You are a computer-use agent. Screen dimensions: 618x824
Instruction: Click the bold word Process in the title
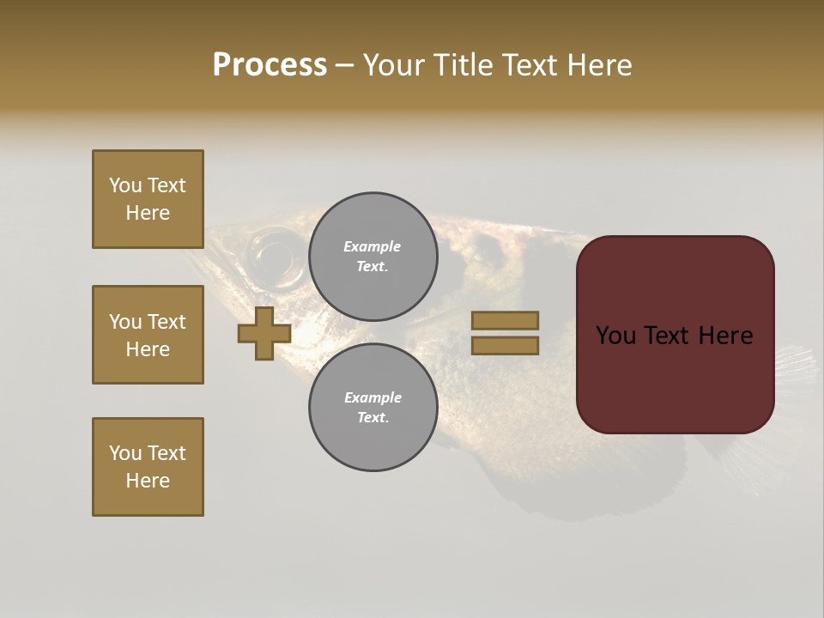(270, 65)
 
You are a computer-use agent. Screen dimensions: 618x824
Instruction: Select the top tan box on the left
(148, 199)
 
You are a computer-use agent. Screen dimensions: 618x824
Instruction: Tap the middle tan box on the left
(148, 335)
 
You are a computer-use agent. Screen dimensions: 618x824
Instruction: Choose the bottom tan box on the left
(148, 467)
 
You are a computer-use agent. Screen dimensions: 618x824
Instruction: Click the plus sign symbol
(264, 334)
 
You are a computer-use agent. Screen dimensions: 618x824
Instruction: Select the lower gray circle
(373, 408)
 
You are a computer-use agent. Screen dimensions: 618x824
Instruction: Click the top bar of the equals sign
(505, 320)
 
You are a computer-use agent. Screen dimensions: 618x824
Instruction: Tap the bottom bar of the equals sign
(505, 345)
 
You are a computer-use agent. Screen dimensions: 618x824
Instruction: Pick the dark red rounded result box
(675, 335)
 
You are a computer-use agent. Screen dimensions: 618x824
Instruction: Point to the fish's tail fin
(794, 369)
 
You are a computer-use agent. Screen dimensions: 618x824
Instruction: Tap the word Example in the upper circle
(373, 246)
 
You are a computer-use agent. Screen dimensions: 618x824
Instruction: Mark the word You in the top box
(125, 185)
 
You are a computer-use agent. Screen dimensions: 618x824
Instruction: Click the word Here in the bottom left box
(148, 481)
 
